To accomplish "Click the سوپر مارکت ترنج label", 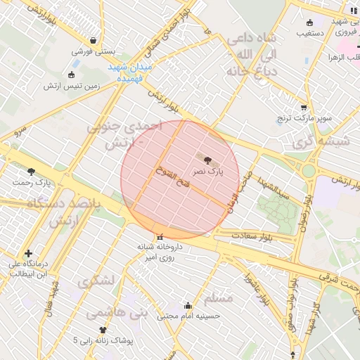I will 304,118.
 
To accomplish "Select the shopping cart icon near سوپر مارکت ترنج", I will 304,108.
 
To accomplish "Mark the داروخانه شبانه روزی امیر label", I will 163,252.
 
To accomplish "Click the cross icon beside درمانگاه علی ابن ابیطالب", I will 28,253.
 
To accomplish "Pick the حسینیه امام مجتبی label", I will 188,316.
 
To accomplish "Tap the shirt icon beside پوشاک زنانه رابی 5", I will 103,329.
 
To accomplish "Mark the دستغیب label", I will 309,32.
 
